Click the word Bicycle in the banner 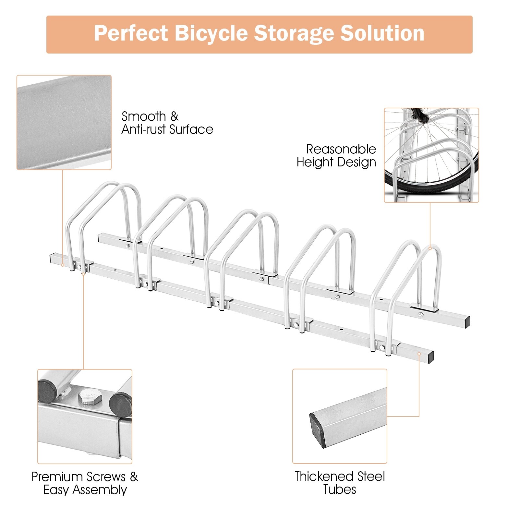click(x=211, y=33)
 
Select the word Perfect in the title click(x=131, y=33)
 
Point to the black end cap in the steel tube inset click(x=317, y=430)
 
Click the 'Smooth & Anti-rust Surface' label click(x=167, y=123)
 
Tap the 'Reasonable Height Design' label click(x=336, y=156)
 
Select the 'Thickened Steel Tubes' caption click(x=340, y=483)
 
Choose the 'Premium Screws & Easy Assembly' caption click(x=85, y=483)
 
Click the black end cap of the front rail click(x=430, y=357)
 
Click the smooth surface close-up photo click(x=64, y=122)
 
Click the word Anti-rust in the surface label click(x=144, y=129)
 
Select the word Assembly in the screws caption click(x=99, y=490)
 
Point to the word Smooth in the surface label click(x=144, y=116)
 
